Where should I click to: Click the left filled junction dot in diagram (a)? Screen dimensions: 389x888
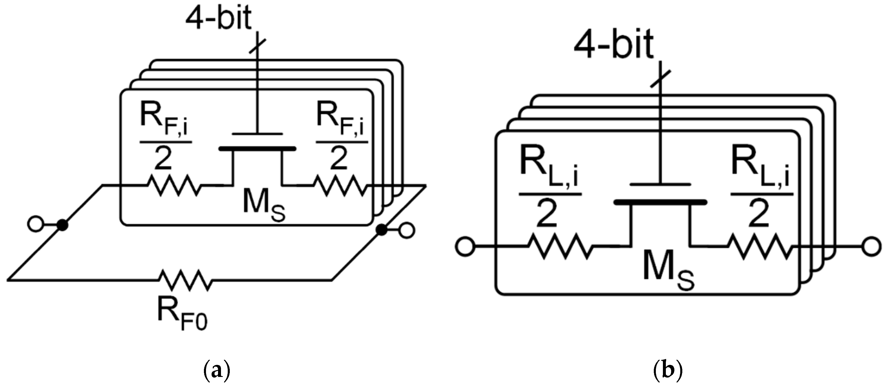click(x=62, y=225)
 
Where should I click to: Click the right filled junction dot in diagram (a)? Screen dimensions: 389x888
click(x=381, y=230)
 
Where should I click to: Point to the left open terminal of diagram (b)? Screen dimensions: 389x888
click(x=465, y=246)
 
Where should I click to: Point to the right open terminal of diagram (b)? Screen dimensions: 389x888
click(x=872, y=246)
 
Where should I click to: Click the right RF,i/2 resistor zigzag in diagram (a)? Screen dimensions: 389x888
click(x=340, y=186)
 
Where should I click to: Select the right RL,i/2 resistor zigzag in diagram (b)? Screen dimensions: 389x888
click(x=759, y=246)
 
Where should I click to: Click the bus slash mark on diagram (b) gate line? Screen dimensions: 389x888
click(x=660, y=79)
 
